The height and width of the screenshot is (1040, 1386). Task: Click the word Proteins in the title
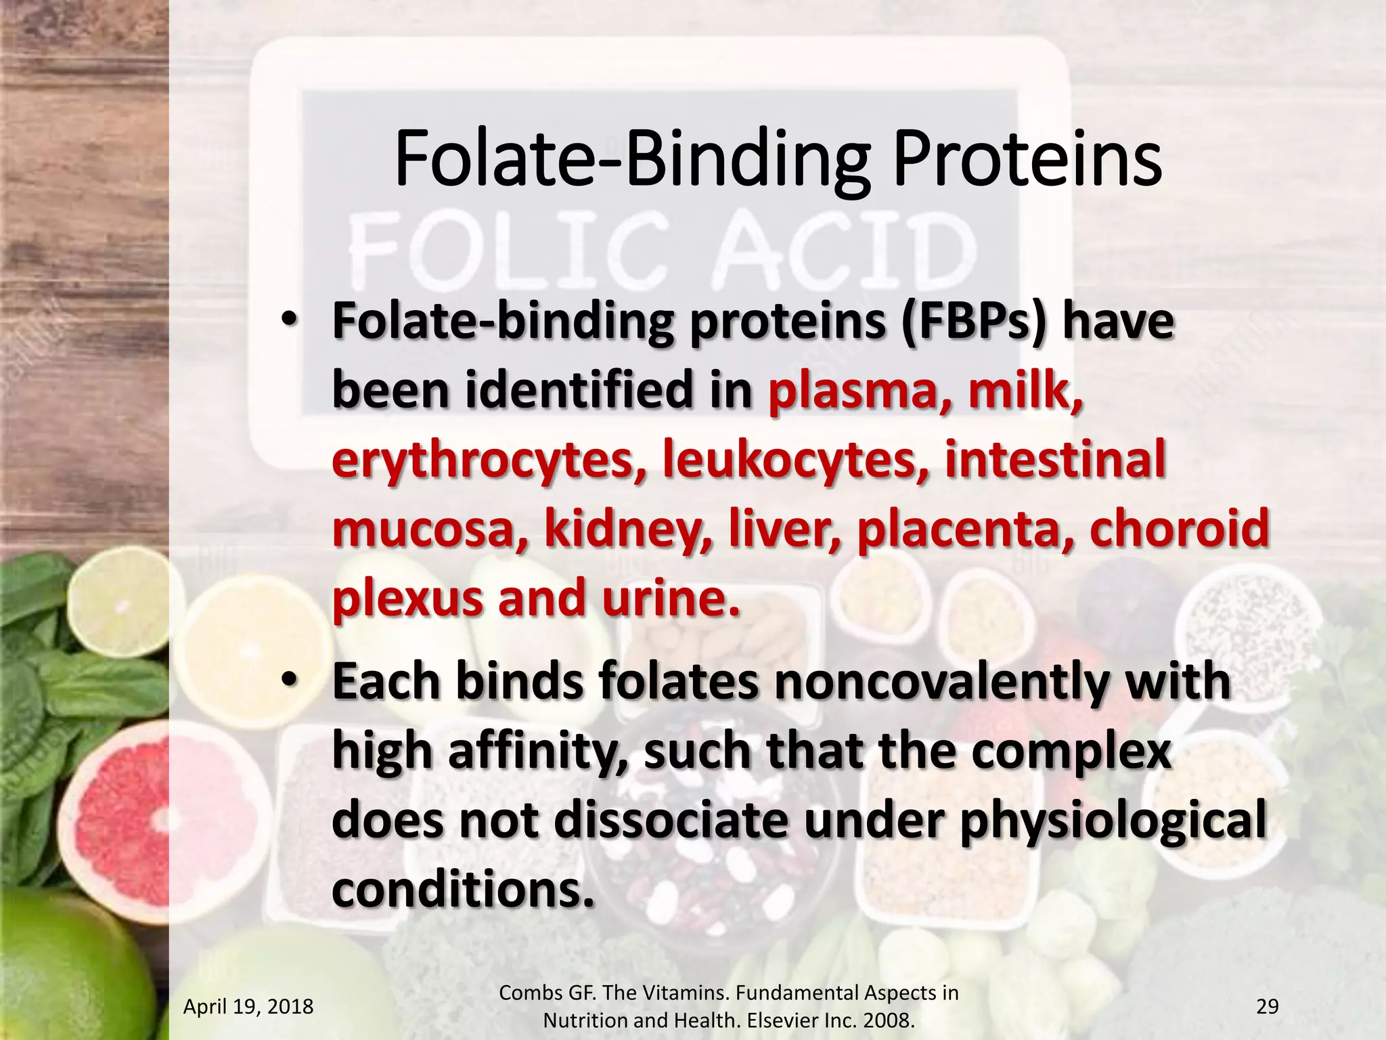point(1027,160)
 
